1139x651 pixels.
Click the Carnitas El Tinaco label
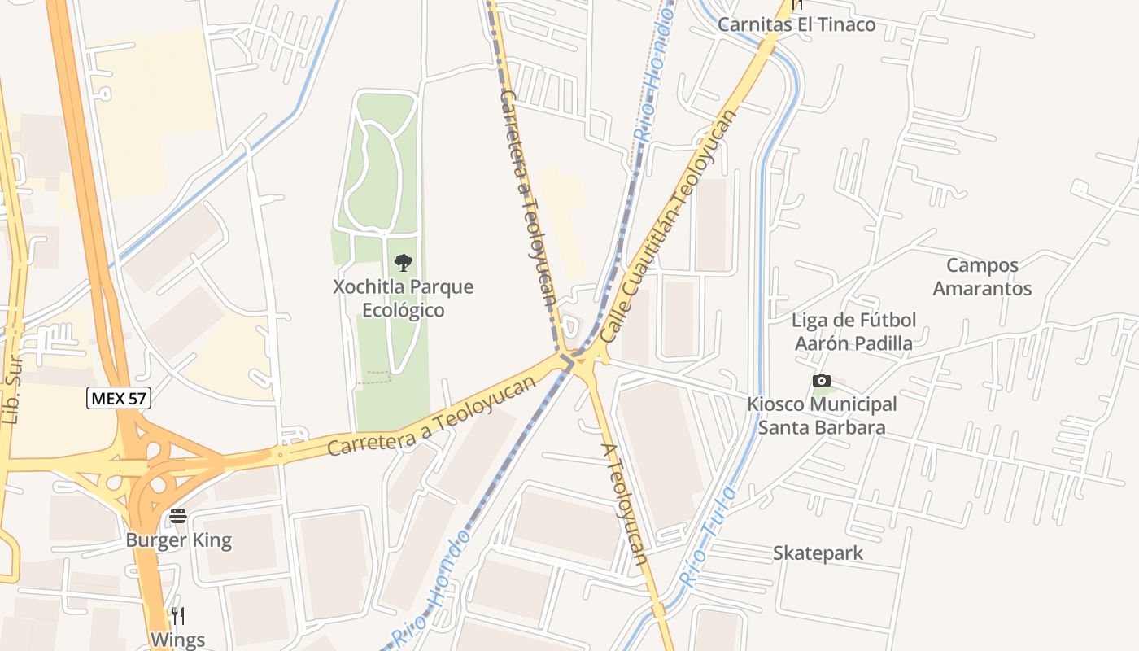(x=796, y=24)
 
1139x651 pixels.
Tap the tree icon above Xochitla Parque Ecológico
(x=403, y=262)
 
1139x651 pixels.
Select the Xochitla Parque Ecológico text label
(x=403, y=299)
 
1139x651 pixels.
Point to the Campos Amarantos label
(x=982, y=277)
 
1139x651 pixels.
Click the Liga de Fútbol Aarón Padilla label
(x=853, y=332)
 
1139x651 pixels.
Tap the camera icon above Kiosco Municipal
(x=822, y=380)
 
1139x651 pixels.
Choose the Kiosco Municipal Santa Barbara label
(x=822, y=416)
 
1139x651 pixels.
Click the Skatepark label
(x=818, y=553)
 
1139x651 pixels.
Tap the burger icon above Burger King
(x=178, y=516)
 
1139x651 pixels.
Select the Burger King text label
(x=178, y=540)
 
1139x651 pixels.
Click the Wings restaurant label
(x=177, y=640)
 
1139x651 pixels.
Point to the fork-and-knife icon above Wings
(x=178, y=615)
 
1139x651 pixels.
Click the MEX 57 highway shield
(x=119, y=399)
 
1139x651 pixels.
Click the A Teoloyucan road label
(x=625, y=505)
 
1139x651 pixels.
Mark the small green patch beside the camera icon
(x=837, y=382)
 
